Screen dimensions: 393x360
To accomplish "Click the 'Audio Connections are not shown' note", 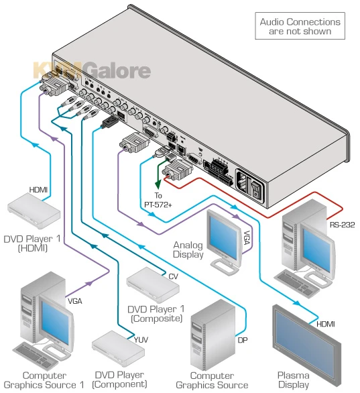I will click(x=300, y=26).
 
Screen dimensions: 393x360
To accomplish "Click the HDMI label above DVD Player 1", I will click(x=38, y=190).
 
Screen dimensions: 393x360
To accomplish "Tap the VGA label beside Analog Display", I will click(x=247, y=235).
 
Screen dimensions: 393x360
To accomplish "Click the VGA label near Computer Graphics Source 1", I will click(x=74, y=301).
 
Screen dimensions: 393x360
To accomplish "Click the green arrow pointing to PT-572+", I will click(x=158, y=178).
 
